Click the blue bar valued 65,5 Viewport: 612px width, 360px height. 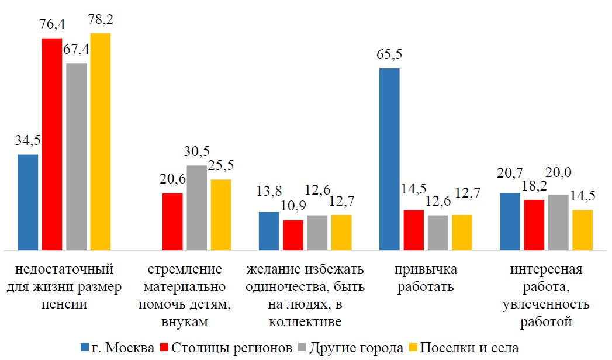[389, 159]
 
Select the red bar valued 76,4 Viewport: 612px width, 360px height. [52, 144]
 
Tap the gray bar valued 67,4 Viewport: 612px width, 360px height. [76, 156]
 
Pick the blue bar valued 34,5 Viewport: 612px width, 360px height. [28, 202]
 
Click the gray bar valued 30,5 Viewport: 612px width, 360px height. [196, 207]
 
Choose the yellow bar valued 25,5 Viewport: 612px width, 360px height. [221, 214]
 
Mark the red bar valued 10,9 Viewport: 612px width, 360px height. [293, 235]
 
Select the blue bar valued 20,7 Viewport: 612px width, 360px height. [510, 221]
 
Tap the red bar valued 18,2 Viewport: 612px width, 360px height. [534, 224]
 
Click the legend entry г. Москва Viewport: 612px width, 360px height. [117, 348]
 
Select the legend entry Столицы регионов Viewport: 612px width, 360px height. [226, 348]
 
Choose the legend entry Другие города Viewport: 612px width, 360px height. [351, 348]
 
